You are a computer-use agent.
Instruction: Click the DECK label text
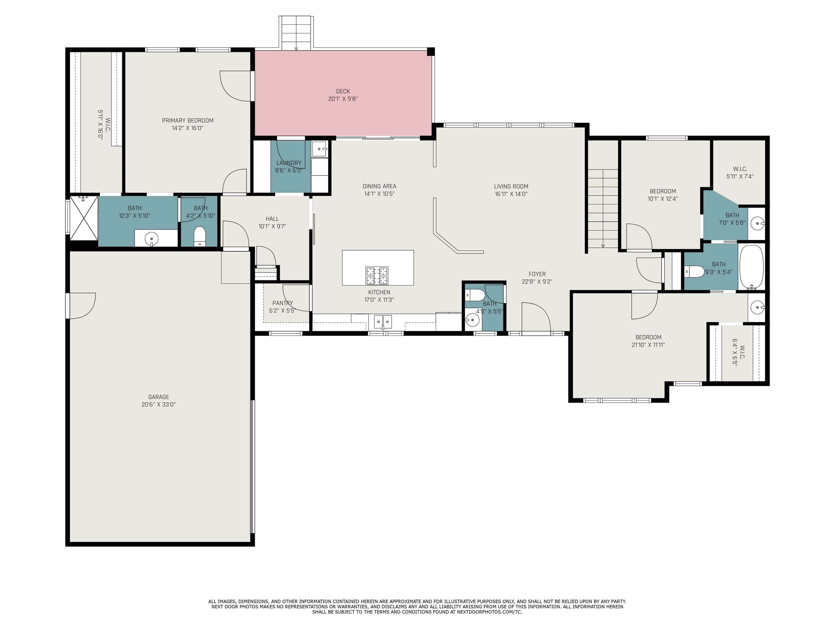click(x=343, y=91)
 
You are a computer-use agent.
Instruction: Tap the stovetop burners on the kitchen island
click(x=377, y=276)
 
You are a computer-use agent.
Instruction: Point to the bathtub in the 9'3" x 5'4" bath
click(x=751, y=267)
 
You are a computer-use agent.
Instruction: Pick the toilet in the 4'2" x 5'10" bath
click(x=199, y=236)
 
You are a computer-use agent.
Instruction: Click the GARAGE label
click(x=158, y=397)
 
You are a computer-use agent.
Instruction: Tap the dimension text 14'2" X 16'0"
click(x=187, y=128)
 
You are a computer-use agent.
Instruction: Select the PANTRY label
click(x=282, y=303)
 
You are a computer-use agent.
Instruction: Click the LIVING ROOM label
click(x=511, y=186)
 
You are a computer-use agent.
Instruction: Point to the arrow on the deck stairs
click(x=296, y=48)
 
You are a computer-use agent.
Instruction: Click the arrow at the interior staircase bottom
click(x=603, y=246)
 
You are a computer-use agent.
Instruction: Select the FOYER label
click(x=537, y=274)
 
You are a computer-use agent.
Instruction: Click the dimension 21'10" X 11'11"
click(x=648, y=345)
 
